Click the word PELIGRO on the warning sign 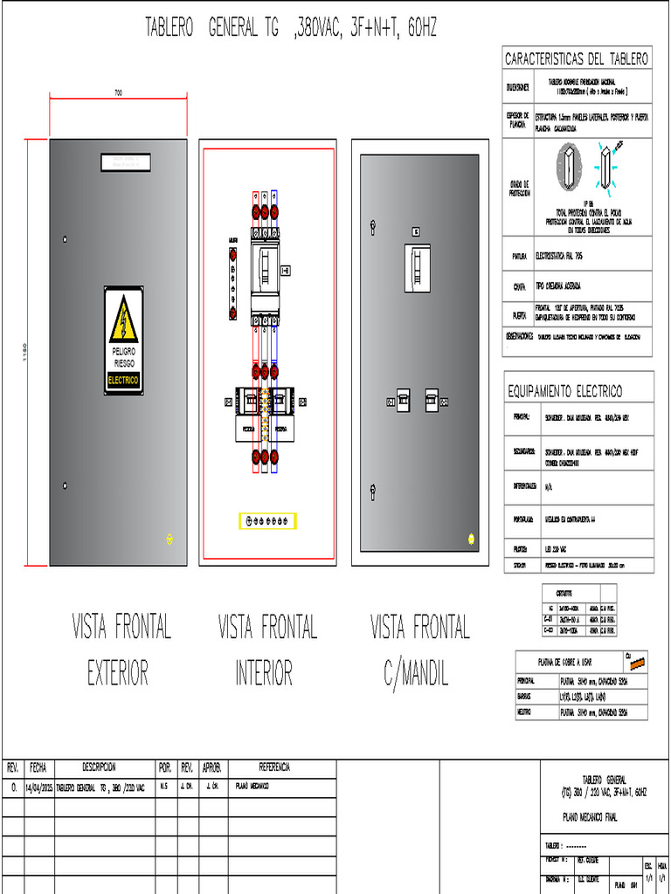click(x=123, y=350)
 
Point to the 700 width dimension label click(x=118, y=93)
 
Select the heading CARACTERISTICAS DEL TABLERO click(x=577, y=59)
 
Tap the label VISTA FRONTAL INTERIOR click(x=266, y=649)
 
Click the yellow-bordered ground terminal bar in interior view click(x=268, y=520)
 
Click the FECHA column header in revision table click(x=38, y=767)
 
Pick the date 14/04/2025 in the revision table click(x=38, y=787)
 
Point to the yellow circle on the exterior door click(x=169, y=539)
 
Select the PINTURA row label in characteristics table click(x=519, y=257)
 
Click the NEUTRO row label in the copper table click(x=523, y=712)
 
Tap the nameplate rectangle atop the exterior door click(x=126, y=161)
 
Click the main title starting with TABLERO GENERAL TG click(x=291, y=29)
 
